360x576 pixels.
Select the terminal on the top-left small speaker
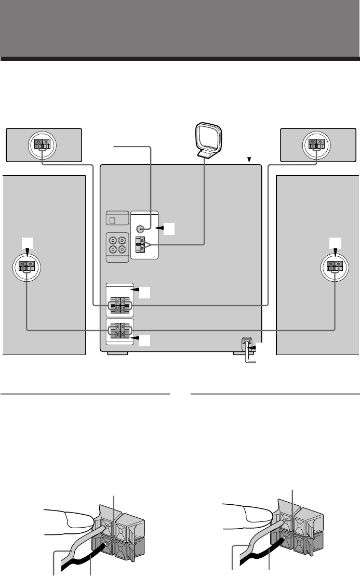point(42,144)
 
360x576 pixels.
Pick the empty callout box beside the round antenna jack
point(168,228)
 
